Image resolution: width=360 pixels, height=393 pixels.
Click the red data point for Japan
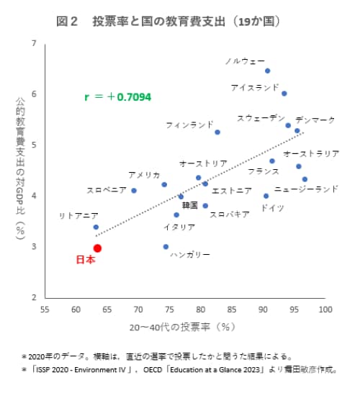(x=97, y=248)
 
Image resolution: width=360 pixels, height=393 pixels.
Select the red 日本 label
(x=85, y=261)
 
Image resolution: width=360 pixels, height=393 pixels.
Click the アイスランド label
(x=254, y=87)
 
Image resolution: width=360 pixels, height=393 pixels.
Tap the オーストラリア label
(x=311, y=154)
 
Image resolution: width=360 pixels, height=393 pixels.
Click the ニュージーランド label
(x=306, y=189)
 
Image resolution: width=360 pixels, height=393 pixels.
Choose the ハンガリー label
(x=189, y=255)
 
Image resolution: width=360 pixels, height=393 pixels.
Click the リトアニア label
(x=78, y=215)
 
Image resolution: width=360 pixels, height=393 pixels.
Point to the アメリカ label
(x=144, y=175)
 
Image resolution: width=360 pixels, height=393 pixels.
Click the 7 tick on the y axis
(x=35, y=45)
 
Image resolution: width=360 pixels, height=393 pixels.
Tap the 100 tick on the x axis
(x=325, y=309)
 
